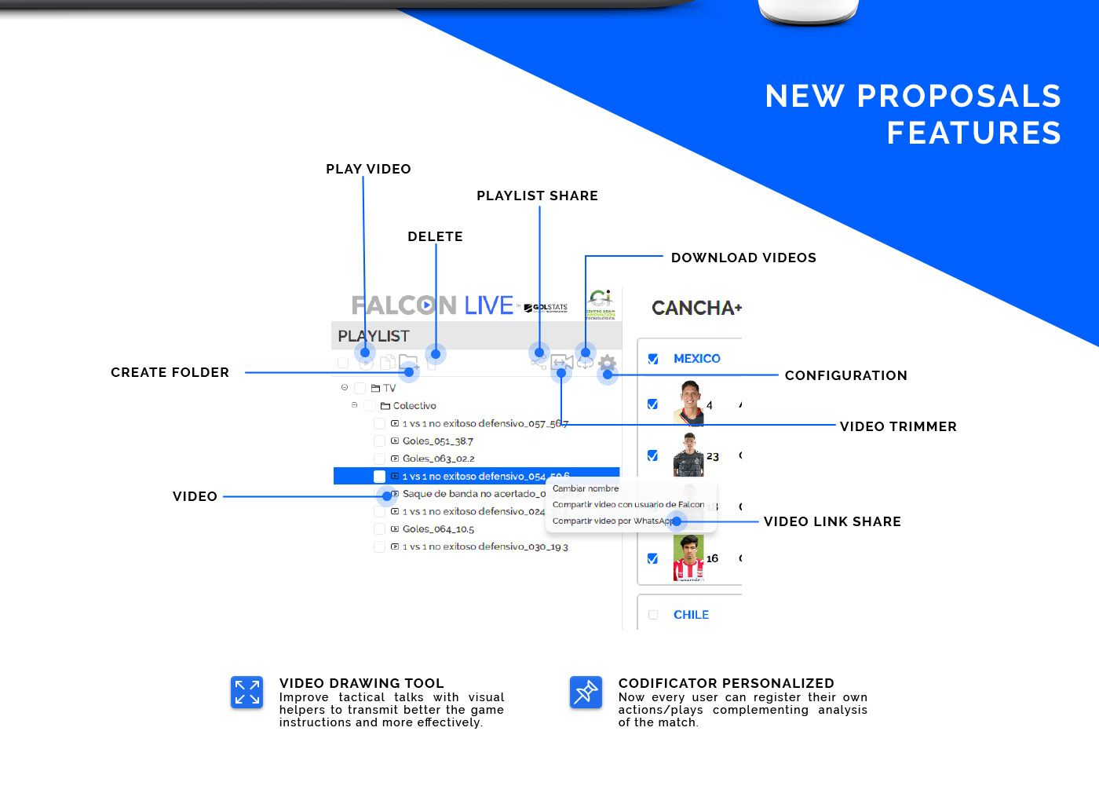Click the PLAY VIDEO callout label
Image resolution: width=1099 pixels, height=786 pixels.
[368, 169]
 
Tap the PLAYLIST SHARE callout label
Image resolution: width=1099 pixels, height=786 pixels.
[537, 196]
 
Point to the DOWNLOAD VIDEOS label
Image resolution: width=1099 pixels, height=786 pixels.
[743, 258]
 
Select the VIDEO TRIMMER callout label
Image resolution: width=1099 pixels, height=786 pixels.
[898, 426]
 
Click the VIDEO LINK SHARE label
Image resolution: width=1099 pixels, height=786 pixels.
[832, 521]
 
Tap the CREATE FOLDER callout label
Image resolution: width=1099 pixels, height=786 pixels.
[170, 372]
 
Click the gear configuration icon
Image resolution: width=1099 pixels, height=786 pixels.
[607, 362]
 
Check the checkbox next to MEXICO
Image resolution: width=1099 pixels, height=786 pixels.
[653, 359]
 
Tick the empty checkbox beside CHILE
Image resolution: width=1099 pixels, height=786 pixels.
[653, 615]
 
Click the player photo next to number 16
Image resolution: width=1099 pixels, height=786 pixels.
[688, 558]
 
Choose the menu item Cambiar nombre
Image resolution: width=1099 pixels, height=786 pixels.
[586, 488]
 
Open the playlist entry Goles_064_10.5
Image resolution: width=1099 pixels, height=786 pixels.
[438, 529]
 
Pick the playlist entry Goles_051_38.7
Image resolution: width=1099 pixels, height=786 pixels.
[437, 441]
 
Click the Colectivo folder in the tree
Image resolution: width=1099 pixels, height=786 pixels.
[414, 406]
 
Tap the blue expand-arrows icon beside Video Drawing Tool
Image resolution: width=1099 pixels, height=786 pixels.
[247, 693]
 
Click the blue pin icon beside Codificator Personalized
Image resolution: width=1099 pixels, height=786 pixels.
[586, 693]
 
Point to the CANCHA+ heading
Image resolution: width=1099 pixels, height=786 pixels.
[696, 308]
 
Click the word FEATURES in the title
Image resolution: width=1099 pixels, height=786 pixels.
[973, 133]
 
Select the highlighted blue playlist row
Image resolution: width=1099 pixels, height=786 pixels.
[476, 476]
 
